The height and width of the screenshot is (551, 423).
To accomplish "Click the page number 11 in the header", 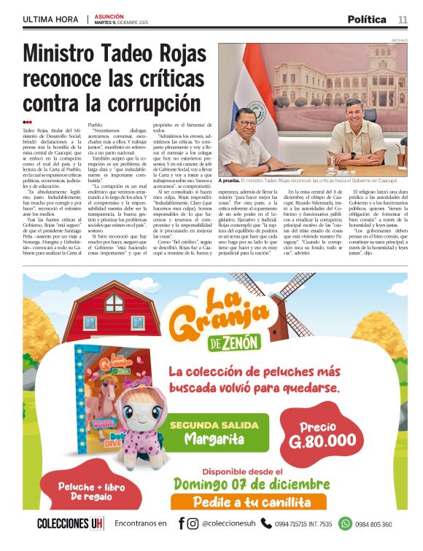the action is (403, 19).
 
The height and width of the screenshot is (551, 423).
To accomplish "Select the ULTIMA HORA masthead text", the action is (51, 19).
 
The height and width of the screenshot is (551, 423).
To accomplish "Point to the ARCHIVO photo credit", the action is (399, 40).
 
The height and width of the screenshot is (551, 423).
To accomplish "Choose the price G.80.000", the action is (322, 435).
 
